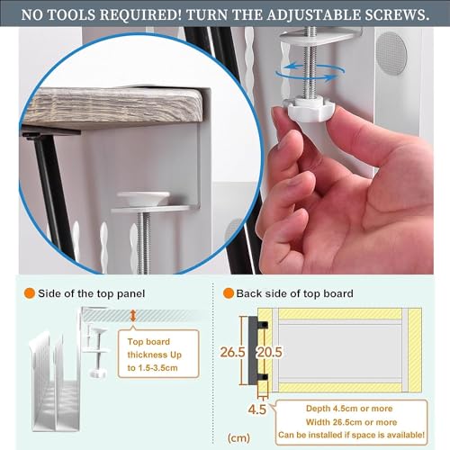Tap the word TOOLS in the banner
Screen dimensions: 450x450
point(72,14)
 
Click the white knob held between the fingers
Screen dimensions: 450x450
point(309,111)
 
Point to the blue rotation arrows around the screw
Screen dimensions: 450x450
point(310,71)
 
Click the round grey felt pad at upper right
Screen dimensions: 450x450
point(391,53)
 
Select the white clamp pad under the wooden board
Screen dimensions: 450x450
point(143,198)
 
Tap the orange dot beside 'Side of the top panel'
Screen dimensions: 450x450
point(30,293)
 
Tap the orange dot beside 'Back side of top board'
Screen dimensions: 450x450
point(229,293)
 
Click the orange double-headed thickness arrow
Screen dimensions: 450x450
point(133,316)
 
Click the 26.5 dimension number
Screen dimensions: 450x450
point(232,352)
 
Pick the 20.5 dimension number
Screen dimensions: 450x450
point(270,352)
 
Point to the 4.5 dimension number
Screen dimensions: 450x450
point(257,409)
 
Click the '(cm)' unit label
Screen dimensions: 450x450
point(238,438)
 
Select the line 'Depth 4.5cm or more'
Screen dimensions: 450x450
point(349,409)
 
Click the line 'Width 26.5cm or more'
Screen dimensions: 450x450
point(351,422)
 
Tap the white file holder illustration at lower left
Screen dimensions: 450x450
point(55,381)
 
